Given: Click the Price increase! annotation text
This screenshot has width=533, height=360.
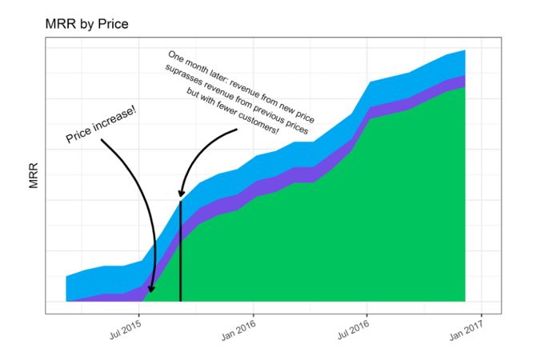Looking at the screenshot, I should [x=102, y=125].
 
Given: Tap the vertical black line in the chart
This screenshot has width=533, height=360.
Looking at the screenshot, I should [x=181, y=256].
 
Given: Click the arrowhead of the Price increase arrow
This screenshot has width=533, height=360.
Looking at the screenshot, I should [x=151, y=290].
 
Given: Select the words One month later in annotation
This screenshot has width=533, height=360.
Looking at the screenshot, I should [x=192, y=65].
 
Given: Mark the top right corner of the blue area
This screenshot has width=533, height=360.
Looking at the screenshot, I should [x=465, y=50].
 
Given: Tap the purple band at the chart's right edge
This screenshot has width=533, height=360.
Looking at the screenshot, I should [x=463, y=81].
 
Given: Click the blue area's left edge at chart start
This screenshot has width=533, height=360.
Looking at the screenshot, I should [x=66, y=288].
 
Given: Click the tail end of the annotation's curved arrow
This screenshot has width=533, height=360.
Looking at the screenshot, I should [x=238, y=129].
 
